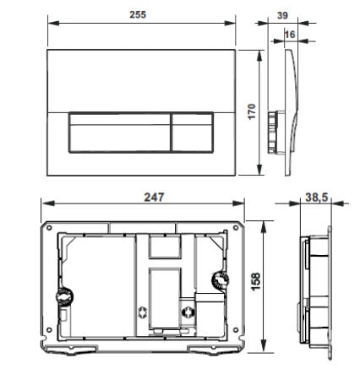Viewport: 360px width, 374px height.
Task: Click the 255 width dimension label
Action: coord(136,14)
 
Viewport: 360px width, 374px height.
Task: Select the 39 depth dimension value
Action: coord(282,14)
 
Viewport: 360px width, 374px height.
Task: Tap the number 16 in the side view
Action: coord(290,34)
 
